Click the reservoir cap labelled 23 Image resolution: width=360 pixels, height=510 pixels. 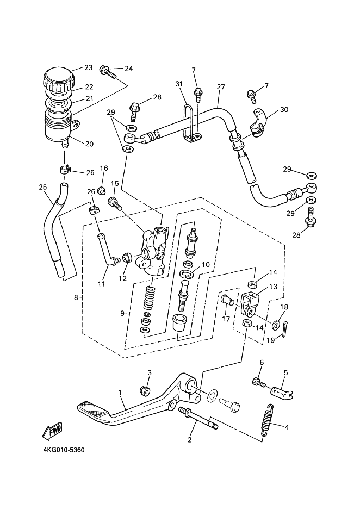59,79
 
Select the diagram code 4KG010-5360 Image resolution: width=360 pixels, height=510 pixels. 64,450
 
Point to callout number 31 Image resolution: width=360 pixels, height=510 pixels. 179,84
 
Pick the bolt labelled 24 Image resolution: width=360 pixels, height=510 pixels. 109,73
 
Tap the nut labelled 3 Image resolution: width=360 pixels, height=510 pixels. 144,390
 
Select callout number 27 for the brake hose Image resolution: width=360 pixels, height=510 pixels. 221,87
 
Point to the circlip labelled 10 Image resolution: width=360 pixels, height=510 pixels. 188,274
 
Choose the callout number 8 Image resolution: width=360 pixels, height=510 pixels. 76,297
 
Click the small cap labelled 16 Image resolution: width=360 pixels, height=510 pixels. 102,190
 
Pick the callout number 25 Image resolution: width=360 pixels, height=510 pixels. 42,187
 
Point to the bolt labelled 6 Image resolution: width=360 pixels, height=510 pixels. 259,382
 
